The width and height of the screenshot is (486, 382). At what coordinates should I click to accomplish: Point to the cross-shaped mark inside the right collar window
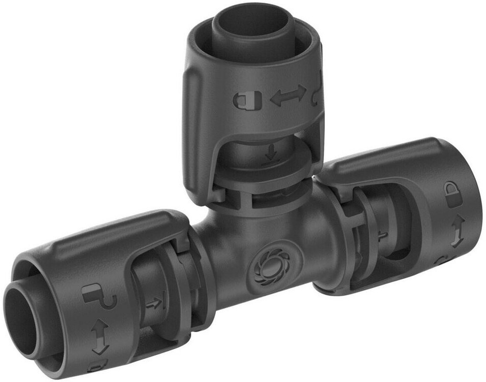point(382,235)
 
